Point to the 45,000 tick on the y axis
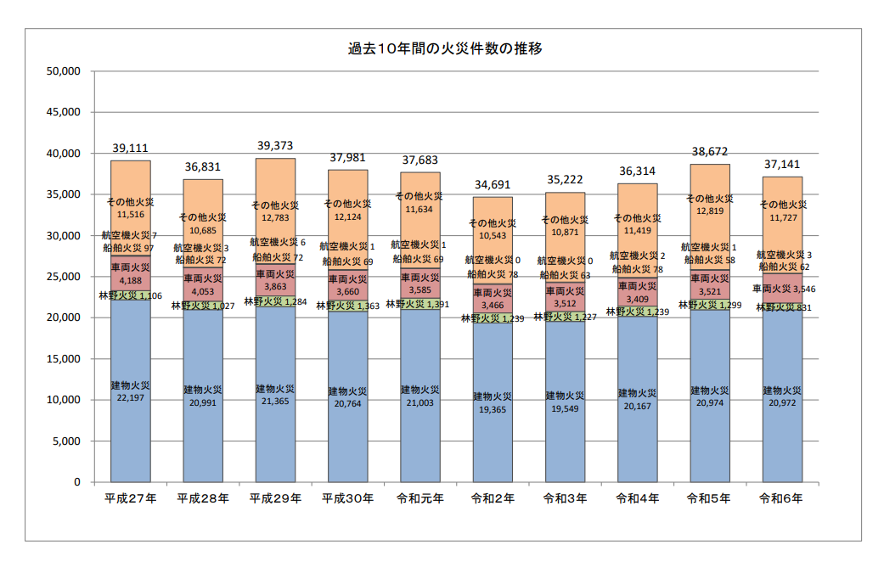point(62,112)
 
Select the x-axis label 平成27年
point(131,499)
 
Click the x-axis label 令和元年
point(420,499)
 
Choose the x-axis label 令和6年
point(782,499)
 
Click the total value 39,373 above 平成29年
point(275,146)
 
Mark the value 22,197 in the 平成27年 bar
point(131,397)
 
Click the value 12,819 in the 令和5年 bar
point(709,211)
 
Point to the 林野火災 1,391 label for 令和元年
point(420,304)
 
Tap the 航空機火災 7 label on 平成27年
point(130,235)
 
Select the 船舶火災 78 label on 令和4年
point(636,268)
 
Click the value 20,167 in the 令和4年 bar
point(638,406)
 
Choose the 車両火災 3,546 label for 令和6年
point(782,289)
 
